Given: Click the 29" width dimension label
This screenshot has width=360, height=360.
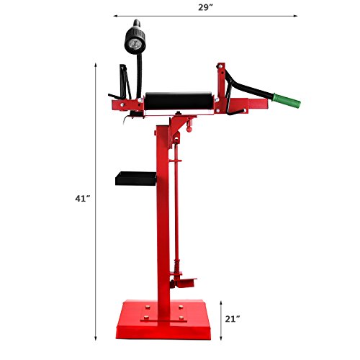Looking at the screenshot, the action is (x=206, y=7).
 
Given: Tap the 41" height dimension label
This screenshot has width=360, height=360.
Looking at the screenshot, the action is (x=82, y=199).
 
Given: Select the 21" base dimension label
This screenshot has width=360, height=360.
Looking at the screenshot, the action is (x=233, y=319).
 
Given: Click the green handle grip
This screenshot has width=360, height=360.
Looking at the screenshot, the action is (x=287, y=101).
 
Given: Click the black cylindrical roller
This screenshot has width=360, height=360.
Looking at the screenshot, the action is (x=179, y=101).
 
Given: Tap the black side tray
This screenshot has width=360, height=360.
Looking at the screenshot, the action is (x=136, y=179).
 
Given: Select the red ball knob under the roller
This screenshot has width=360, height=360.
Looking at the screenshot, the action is (x=189, y=129).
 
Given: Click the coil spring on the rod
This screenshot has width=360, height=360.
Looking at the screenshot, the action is (x=177, y=266).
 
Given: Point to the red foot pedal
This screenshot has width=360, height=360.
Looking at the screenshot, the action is (x=186, y=283).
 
